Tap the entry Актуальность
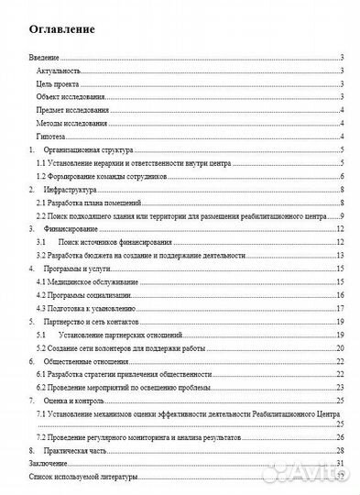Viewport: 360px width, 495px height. (x=60, y=71)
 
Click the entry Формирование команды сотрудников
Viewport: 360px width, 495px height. (x=99, y=176)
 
